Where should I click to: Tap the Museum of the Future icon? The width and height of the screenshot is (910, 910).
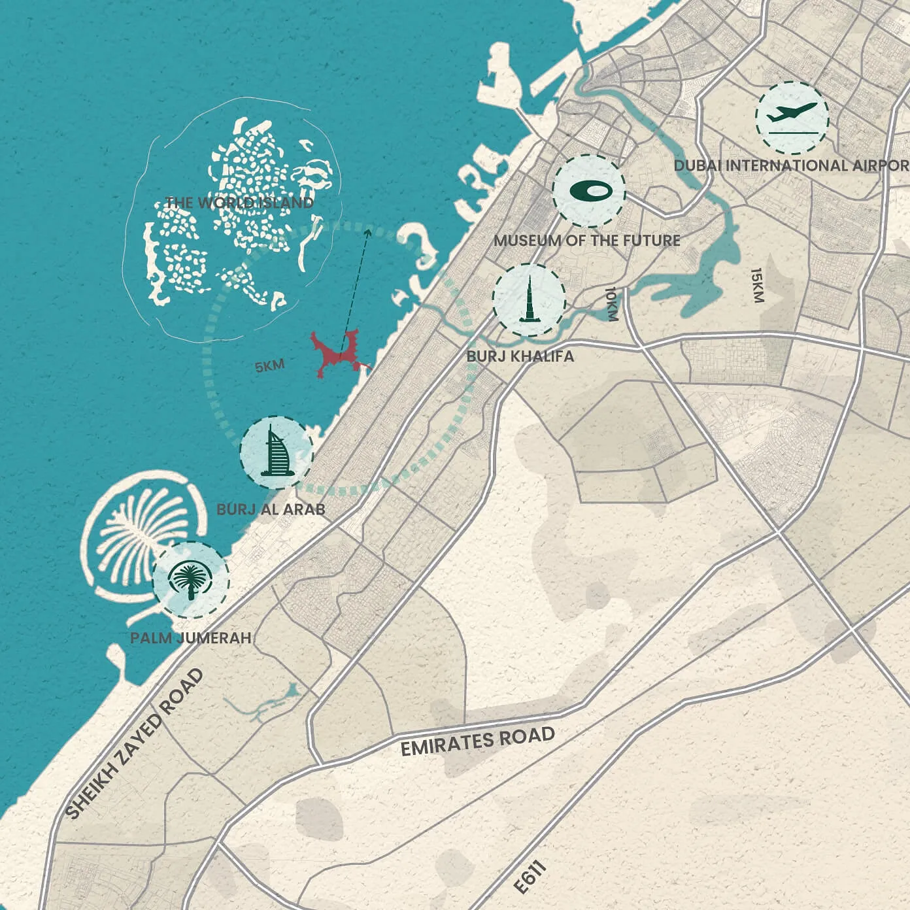coord(588,191)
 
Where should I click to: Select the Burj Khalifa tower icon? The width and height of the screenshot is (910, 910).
coord(528,299)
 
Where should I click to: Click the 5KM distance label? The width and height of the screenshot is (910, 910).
coord(269,366)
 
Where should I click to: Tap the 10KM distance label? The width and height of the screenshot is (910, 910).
coord(611,304)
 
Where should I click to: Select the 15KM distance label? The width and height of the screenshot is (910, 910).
coord(757,285)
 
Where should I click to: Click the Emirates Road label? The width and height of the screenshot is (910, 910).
coord(477,741)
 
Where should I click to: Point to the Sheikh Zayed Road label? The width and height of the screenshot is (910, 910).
coord(135,744)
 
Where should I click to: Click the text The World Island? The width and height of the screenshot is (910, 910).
coord(239,203)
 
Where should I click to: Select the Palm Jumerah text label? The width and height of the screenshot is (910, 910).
coord(191,637)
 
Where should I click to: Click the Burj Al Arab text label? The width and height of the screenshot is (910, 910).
coord(271,509)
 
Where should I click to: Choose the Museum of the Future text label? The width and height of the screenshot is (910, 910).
coord(586,241)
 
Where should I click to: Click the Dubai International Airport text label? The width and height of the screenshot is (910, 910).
coord(791,165)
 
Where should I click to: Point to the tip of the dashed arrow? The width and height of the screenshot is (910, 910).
coord(367,229)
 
